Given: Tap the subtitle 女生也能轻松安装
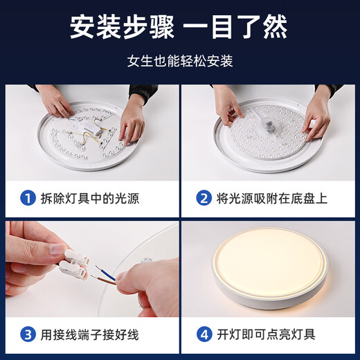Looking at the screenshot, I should coord(179,60).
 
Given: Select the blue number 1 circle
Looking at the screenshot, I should coord(26,199).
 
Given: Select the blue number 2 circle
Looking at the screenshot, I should coord(204,199).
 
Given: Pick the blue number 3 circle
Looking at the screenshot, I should coord(26,334).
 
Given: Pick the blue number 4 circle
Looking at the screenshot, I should coord(204,334).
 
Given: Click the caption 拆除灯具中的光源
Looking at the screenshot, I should coord(90,199).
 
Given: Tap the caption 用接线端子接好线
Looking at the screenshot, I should coord(90,334).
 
